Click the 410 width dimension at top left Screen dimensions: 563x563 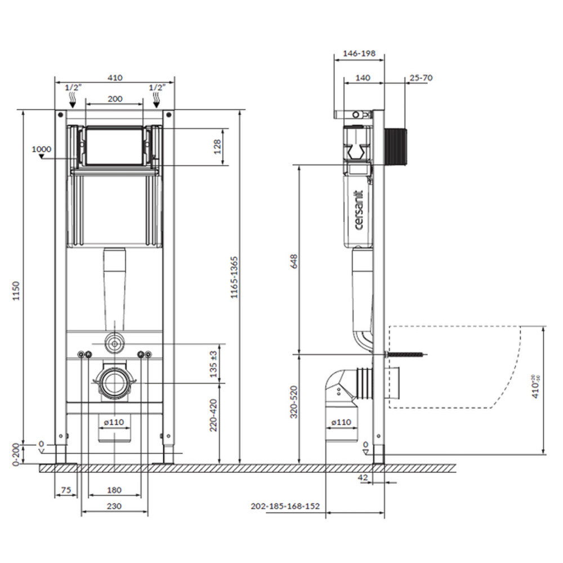coord(114,78)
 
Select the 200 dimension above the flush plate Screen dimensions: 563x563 coord(114,99)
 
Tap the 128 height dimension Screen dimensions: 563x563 coord(217,147)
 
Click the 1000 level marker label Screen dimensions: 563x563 coord(41,149)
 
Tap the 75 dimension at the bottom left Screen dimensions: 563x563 coord(66,490)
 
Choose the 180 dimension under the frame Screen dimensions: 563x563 coord(114,490)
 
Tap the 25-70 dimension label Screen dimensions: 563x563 coord(421,78)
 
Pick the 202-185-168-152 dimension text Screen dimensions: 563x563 coord(285,506)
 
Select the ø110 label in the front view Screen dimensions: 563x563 coord(114,421)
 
